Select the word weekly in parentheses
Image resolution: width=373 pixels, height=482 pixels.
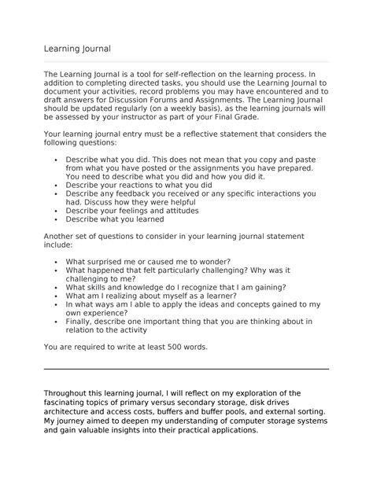(x=198, y=110)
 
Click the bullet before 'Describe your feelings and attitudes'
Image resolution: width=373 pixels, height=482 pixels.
(x=57, y=211)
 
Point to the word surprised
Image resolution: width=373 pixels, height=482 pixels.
(x=106, y=261)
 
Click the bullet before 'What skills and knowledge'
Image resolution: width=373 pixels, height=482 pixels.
(x=57, y=288)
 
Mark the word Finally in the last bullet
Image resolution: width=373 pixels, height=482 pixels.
(x=81, y=321)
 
